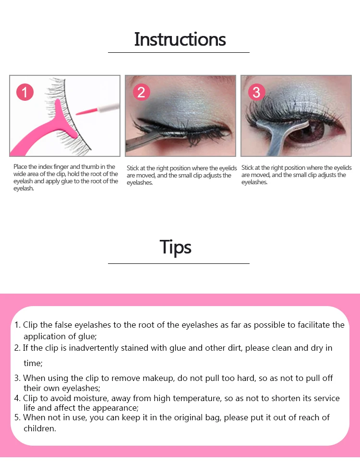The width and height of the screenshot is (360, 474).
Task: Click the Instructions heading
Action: (180, 39)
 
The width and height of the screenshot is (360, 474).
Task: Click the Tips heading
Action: (176, 247)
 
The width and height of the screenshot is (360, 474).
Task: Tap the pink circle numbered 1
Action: (25, 92)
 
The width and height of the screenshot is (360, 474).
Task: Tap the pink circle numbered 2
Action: (141, 92)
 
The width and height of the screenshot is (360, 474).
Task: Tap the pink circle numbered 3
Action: (256, 92)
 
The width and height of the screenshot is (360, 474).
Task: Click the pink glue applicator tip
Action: (86, 112)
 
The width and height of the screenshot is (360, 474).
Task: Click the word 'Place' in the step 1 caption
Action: (20, 166)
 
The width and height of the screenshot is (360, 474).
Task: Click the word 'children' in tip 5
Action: (40, 428)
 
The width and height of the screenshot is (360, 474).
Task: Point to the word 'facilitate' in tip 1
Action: (314, 325)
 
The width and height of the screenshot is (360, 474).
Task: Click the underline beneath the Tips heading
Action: (179, 263)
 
